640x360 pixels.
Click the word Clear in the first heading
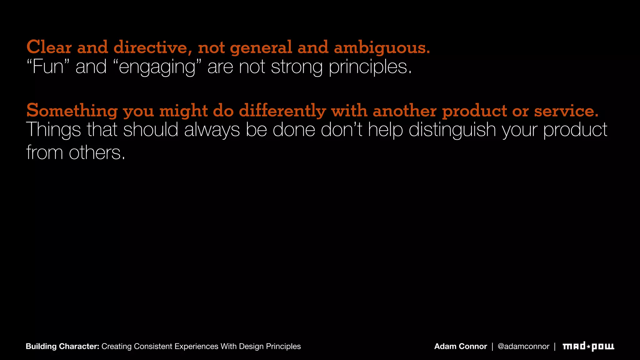49,47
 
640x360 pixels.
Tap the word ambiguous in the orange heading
382,47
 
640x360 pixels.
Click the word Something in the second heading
72,111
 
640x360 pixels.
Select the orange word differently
282,111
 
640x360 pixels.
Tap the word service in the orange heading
566,111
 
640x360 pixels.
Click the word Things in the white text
53,130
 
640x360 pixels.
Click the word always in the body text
212,130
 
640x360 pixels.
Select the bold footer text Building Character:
62,346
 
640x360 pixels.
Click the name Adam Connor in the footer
461,346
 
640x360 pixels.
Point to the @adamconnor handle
523,346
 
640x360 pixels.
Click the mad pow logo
588,346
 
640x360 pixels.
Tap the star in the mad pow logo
588,347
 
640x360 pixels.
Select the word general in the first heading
261,47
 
